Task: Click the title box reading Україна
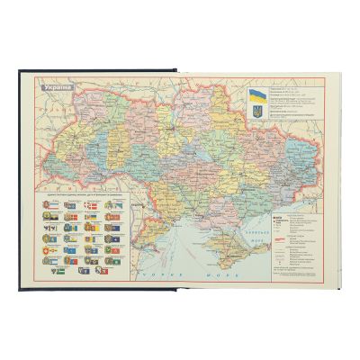click(60, 89)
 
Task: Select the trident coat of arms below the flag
click(257, 112)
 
